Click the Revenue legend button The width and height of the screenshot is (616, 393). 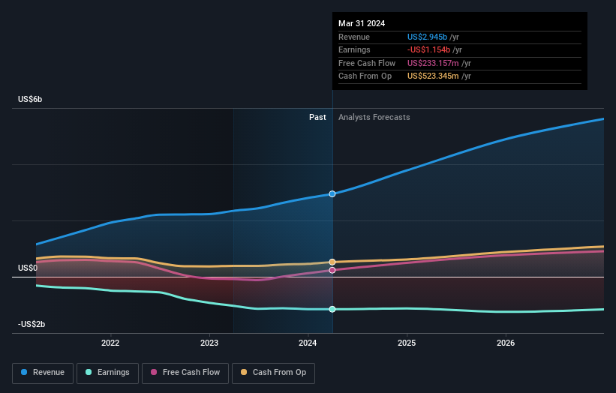43,372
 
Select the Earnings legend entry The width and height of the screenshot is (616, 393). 107,372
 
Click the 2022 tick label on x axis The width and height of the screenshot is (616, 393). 110,343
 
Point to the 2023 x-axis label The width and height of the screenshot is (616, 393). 209,343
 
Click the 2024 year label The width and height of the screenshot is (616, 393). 308,343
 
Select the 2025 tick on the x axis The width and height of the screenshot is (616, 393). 407,343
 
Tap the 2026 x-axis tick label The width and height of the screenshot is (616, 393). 506,343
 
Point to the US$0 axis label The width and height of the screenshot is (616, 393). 28,268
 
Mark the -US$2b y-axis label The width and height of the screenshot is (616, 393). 31,324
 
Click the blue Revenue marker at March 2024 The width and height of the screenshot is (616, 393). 332,193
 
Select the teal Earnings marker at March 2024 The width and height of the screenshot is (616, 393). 332,309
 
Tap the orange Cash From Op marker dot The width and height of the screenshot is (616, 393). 332,262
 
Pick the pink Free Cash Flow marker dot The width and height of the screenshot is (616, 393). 332,270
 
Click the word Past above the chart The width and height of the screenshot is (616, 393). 317,117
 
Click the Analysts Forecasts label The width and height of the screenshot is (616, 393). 374,117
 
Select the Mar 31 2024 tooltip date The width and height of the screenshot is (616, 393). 362,23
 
